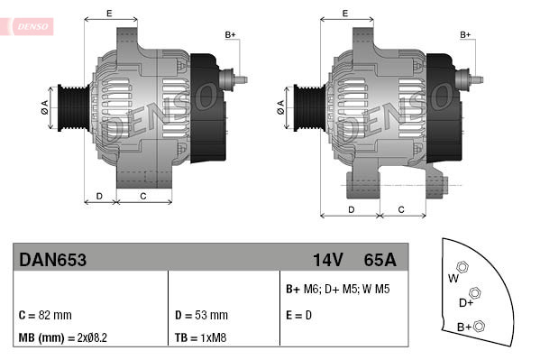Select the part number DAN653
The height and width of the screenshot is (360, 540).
point(52,260)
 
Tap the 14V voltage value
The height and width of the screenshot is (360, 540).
point(327,260)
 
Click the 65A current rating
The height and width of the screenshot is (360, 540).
point(380,260)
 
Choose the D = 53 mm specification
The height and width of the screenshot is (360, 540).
point(200,316)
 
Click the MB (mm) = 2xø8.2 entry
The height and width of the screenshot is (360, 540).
point(62,337)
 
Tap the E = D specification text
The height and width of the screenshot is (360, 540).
point(299,316)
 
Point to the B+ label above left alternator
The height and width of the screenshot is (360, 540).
point(230,35)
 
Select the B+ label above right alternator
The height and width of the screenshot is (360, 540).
point(465,35)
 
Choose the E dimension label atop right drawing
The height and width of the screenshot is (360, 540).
point(345,13)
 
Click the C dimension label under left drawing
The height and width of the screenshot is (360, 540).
point(144,195)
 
